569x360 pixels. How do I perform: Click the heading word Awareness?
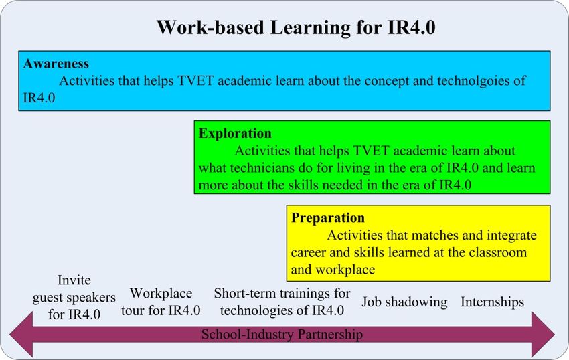[x=56, y=64]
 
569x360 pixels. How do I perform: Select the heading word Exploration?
[x=235, y=134]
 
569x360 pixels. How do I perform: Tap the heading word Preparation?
[x=328, y=218]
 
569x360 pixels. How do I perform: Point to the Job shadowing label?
[x=404, y=302]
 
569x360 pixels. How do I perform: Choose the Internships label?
[x=493, y=302]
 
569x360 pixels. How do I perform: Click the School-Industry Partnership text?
[x=282, y=334]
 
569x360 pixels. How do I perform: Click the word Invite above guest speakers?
[x=74, y=280]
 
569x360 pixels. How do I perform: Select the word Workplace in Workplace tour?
[x=161, y=293]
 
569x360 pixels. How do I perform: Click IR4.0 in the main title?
[x=412, y=27]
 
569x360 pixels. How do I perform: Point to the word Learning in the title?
[x=310, y=28]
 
